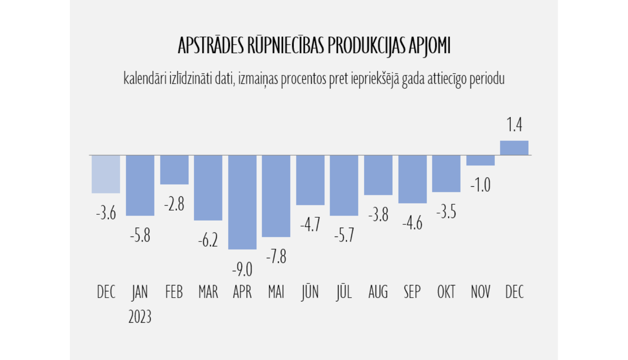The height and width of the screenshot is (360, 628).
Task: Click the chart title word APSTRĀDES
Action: pos(211,46)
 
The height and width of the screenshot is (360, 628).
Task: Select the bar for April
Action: pos(242,202)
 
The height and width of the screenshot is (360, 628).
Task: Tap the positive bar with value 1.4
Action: pos(514,148)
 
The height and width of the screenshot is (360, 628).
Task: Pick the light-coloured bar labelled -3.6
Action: pos(106,174)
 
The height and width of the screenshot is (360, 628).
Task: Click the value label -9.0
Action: pos(242,270)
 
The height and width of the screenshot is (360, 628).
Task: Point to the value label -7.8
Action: pos(276,257)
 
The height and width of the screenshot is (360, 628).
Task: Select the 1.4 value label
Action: pos(514,125)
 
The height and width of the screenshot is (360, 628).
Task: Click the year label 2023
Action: pos(140,317)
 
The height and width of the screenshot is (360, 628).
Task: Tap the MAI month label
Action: pos(276,292)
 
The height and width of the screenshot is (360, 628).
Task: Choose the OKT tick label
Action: pos(446,292)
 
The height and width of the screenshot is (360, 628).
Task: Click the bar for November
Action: pos(480,160)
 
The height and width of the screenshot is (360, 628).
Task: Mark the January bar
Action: pos(140,185)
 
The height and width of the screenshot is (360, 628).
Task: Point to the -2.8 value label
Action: pos(174,204)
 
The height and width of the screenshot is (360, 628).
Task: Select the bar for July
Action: pos(344,185)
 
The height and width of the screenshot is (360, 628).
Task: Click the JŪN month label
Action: pos(310,292)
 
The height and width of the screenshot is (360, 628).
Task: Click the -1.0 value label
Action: pos(480,185)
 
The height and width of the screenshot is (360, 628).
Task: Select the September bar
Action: pos(412,179)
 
